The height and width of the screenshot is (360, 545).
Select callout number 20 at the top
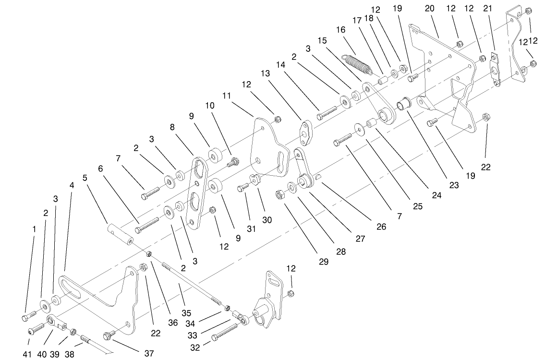click(429, 9)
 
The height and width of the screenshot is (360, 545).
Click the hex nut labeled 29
click(279, 195)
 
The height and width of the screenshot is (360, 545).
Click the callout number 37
click(149, 353)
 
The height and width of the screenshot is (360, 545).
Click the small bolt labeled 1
click(28, 316)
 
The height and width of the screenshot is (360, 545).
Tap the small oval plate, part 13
click(305, 132)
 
